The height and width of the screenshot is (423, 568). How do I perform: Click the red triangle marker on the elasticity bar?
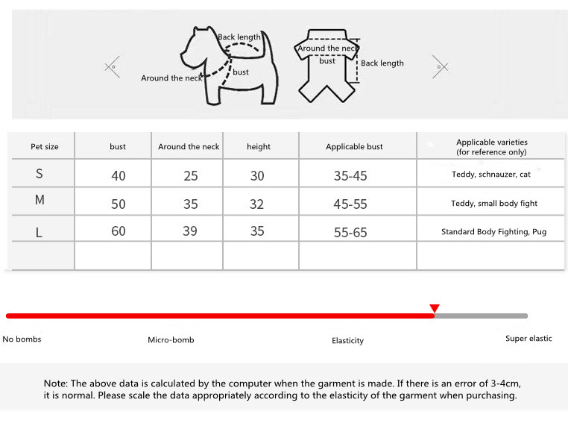click(435, 308)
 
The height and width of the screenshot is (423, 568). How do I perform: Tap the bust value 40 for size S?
click(119, 176)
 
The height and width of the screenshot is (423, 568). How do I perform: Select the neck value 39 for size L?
click(190, 231)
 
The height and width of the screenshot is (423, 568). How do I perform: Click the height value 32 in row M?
click(257, 204)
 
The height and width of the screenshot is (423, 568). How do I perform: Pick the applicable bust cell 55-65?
click(350, 233)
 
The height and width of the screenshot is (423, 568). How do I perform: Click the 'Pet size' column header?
click(45, 147)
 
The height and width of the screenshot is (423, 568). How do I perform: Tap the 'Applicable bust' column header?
click(354, 147)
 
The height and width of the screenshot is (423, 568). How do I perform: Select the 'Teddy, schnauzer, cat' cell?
click(490, 175)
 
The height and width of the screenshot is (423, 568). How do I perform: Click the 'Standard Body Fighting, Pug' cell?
click(493, 232)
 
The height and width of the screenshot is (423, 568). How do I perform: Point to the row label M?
click(40, 200)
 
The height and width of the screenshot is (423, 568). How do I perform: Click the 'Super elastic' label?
click(528, 339)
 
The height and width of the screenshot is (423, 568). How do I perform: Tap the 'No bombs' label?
click(22, 339)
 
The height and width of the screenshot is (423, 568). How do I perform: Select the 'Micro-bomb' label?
click(171, 340)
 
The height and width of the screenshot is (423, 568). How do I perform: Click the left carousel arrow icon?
click(113, 67)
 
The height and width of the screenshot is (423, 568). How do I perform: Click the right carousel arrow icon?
click(441, 67)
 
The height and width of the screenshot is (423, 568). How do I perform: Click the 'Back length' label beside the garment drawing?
click(382, 63)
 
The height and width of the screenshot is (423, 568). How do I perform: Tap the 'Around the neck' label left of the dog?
click(171, 78)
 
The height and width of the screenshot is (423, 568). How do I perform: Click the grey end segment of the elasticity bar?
click(482, 316)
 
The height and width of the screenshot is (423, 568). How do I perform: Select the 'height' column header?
click(259, 147)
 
